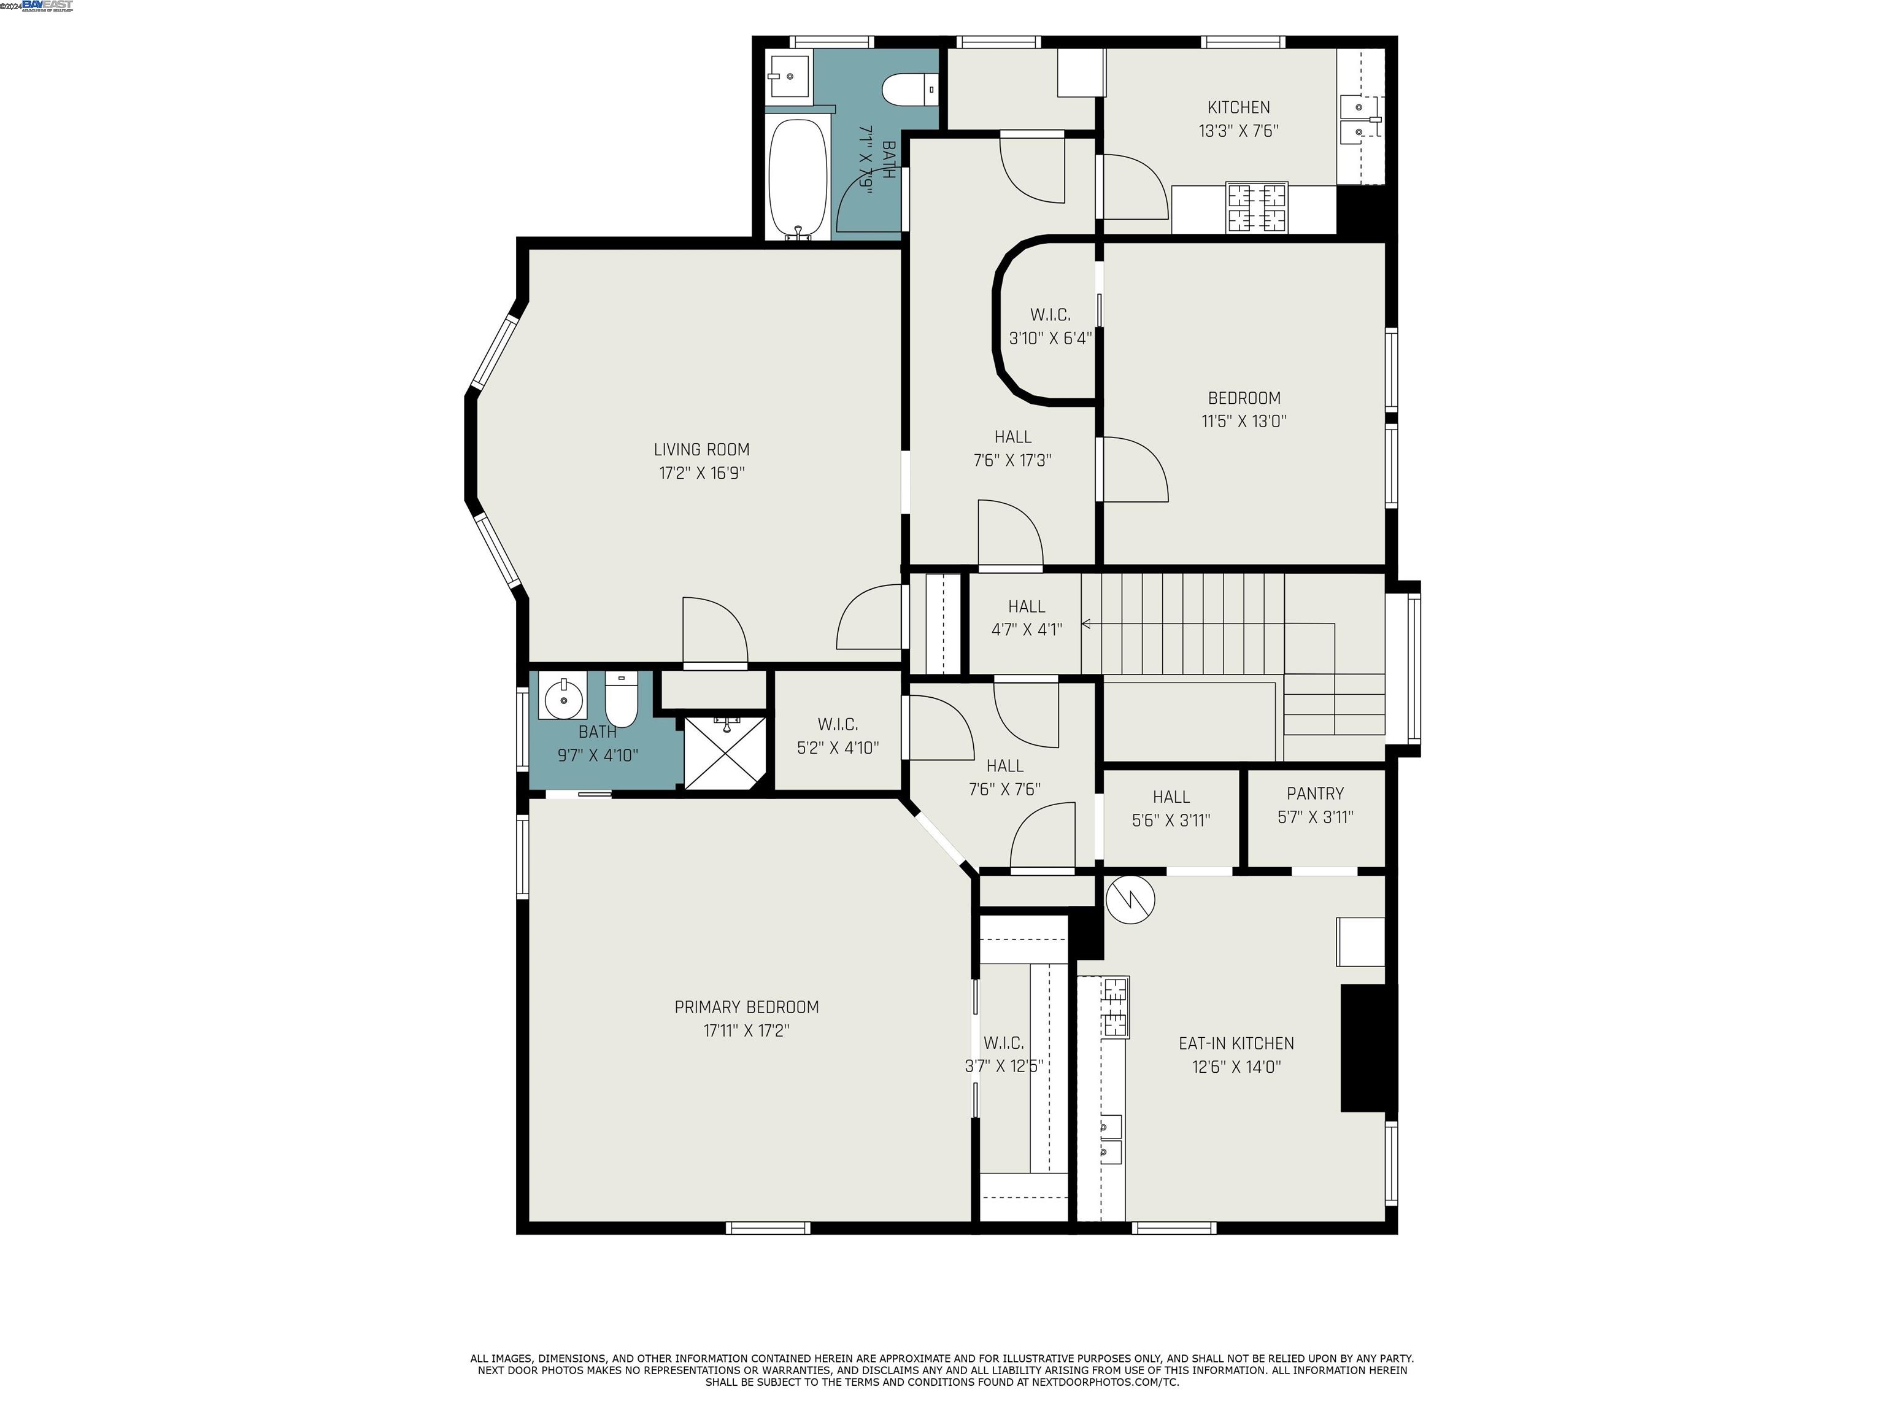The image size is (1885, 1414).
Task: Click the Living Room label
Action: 701,449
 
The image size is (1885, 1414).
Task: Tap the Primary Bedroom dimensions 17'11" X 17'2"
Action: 747,1030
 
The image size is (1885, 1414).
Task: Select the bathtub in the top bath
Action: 798,180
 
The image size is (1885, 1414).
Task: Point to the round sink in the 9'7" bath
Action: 563,700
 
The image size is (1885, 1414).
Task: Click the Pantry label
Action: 1315,794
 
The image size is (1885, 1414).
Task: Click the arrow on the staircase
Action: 1087,624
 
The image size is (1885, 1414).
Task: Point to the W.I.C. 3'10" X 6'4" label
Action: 1050,326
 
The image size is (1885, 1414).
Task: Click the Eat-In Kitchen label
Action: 1236,1043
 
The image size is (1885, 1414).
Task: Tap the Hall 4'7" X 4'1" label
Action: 1026,618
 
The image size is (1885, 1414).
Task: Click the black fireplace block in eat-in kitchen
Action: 1368,1048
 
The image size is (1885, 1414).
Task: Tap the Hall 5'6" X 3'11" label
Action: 1171,808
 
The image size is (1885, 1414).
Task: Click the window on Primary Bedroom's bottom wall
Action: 768,1228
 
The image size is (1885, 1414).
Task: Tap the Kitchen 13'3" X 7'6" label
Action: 1238,118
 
